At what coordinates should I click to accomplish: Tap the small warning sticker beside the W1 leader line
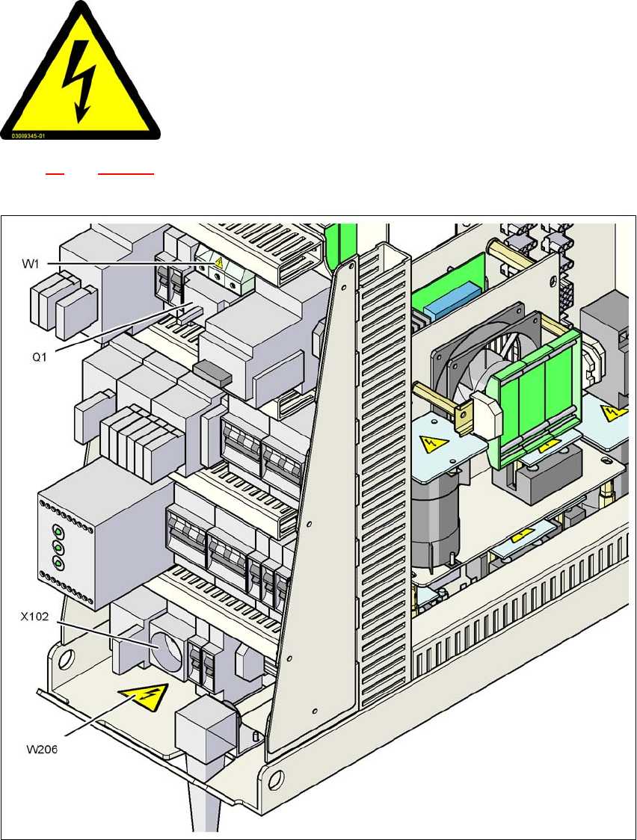point(219,263)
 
